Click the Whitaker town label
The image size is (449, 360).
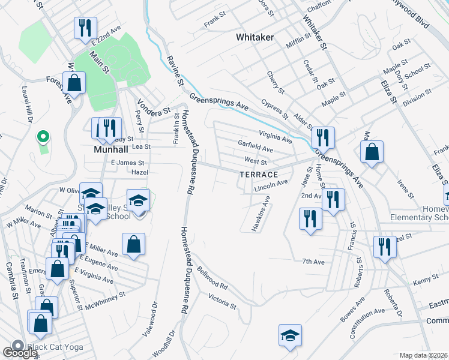(255, 37)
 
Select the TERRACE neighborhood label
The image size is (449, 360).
(259, 175)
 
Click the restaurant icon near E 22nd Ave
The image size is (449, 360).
(84, 27)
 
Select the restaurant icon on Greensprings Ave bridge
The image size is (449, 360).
(323, 137)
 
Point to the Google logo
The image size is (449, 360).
(19, 353)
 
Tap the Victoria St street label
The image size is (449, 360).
(222, 300)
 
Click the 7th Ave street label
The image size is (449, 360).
(313, 262)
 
